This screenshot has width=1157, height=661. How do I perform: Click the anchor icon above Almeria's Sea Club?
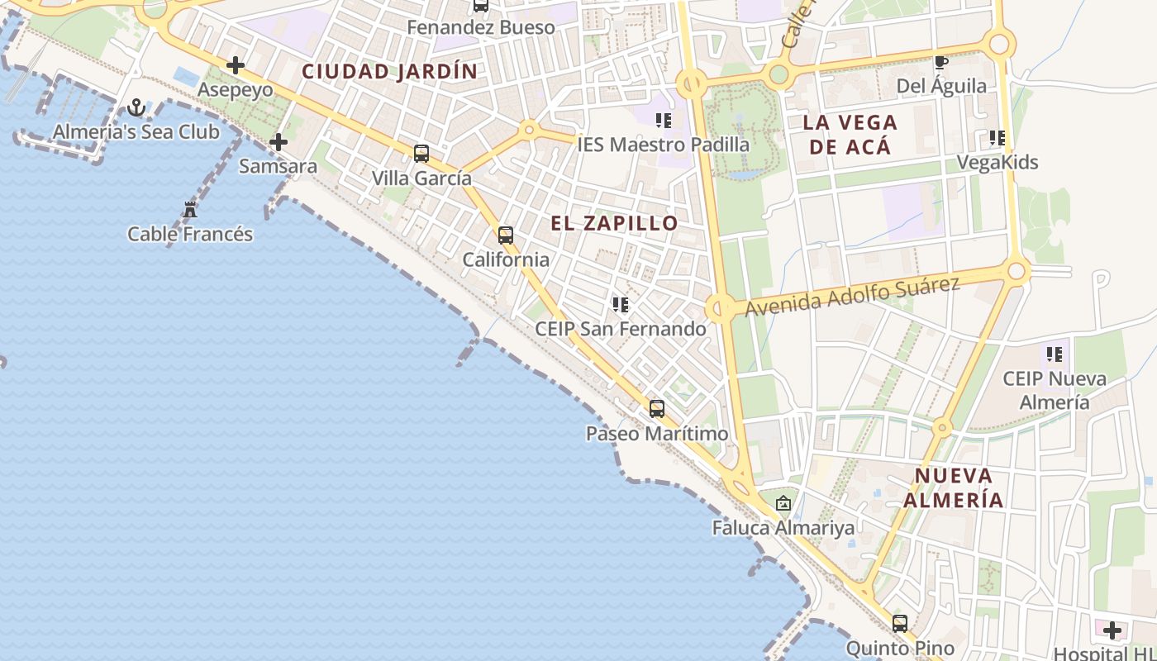click(136, 107)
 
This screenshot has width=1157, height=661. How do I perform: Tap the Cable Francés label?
click(190, 234)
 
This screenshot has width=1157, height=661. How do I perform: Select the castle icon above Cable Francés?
click(190, 210)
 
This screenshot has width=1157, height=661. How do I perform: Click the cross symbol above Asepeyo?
click(236, 65)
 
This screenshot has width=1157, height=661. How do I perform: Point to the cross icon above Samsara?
click(279, 142)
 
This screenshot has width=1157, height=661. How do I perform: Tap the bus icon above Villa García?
click(421, 153)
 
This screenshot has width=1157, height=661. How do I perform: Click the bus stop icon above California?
click(506, 235)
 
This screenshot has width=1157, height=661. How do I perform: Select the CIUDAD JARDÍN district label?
click(390, 72)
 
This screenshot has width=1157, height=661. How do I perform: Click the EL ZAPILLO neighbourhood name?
click(614, 223)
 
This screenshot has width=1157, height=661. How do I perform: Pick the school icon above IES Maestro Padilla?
click(663, 121)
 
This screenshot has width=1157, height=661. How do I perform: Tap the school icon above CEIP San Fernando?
click(621, 305)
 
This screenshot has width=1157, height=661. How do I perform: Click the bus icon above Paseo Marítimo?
click(657, 408)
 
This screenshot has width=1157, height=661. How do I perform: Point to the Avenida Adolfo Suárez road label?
click(852, 297)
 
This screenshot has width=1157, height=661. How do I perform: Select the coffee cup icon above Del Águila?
click(941, 62)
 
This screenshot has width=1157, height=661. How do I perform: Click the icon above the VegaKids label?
click(997, 138)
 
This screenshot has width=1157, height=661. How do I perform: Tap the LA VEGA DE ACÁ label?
click(850, 135)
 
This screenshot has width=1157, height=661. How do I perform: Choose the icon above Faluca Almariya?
click(783, 502)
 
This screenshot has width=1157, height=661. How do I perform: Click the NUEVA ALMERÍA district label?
click(953, 487)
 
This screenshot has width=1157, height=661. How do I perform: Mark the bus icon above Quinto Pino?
click(900, 624)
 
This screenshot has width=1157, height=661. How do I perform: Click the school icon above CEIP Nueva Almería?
click(1055, 354)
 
